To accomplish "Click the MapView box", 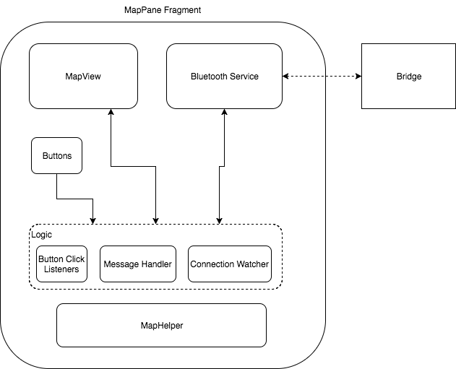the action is coord(83,76).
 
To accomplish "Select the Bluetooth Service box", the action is coord(224,76).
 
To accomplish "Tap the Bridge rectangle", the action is coord(408,76).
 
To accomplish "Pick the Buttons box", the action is coord(56,156).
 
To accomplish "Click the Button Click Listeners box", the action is coord(61,264).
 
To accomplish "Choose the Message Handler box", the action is coord(138,264).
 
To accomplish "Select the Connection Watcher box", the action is coord(230,264).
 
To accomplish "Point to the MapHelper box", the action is coord(161,326).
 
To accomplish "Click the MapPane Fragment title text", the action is coord(163,10).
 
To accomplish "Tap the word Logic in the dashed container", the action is coord(42,235).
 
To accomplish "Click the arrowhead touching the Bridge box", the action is coord(358,76).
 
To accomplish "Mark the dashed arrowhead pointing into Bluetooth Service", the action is coord(285,76).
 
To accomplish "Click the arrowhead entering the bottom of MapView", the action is coord(111,112).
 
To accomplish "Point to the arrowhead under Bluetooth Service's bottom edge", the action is coord(224,112).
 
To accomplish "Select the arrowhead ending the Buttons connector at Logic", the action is coord(93,221).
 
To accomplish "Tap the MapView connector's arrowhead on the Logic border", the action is coord(156,221).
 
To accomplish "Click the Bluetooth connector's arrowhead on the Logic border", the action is coord(219,221).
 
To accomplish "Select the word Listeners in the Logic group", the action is coord(61,269).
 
